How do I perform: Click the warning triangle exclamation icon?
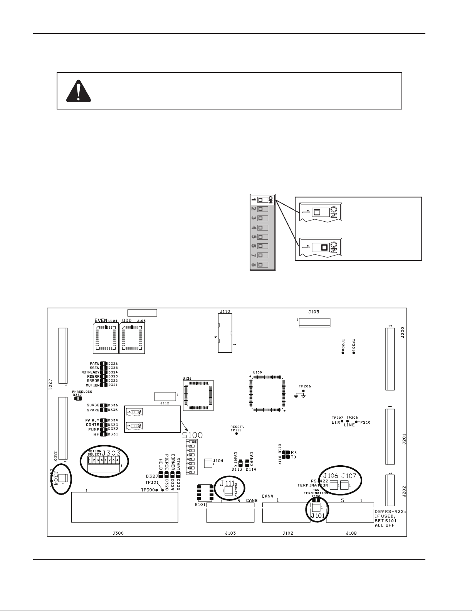click(79, 91)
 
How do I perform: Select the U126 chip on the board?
click(198, 395)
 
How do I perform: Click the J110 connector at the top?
click(225, 333)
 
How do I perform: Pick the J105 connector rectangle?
click(315, 323)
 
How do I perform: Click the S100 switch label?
click(193, 435)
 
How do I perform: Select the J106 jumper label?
click(331, 476)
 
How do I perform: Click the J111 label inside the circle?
click(227, 484)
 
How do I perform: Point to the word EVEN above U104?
click(101, 320)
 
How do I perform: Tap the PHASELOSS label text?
click(82, 391)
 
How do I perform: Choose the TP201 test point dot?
click(354, 353)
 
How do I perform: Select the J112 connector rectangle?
click(165, 396)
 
